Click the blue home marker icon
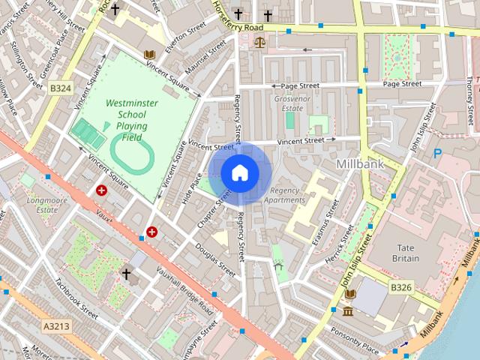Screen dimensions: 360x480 point(238,172)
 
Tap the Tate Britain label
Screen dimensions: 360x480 point(406,251)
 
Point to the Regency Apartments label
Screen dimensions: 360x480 point(287,195)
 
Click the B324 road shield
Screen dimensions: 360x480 point(61,88)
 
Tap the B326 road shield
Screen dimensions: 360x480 point(401,286)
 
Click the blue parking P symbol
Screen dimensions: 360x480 point(438,154)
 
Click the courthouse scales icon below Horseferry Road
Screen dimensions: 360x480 point(259,43)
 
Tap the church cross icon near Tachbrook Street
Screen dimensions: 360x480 point(127,275)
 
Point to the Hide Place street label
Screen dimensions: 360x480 point(192,187)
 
